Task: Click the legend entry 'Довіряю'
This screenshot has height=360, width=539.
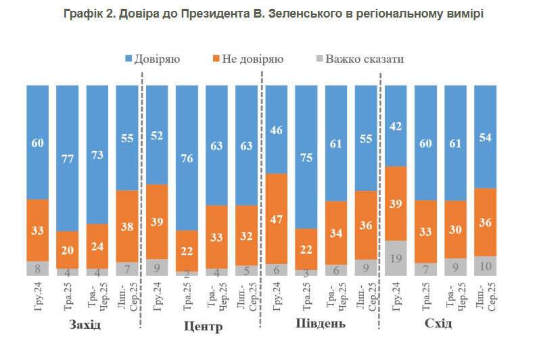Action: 152,59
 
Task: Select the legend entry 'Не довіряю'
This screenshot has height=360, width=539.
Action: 246,59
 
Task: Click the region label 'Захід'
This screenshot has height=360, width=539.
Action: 85,325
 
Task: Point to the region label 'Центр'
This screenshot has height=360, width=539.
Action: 203,327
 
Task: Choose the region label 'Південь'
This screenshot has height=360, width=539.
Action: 321,323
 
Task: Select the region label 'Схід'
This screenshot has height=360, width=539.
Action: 440,324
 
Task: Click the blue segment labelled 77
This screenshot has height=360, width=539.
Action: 68,157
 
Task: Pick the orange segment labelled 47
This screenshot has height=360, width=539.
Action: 277,218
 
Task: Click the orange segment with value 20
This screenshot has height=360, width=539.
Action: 68,249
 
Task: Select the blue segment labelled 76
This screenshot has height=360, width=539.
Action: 187,157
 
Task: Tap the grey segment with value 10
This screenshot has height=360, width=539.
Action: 485,266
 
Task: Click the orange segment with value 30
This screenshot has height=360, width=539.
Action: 455,229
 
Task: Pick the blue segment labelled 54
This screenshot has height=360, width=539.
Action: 485,136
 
